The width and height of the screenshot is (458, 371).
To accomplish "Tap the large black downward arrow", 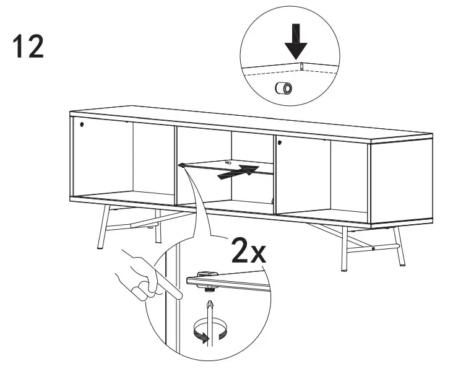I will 296,41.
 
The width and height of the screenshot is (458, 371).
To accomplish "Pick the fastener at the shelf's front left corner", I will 183,165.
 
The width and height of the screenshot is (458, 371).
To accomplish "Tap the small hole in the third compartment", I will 280,143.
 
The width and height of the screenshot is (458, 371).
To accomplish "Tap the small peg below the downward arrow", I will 300,66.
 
